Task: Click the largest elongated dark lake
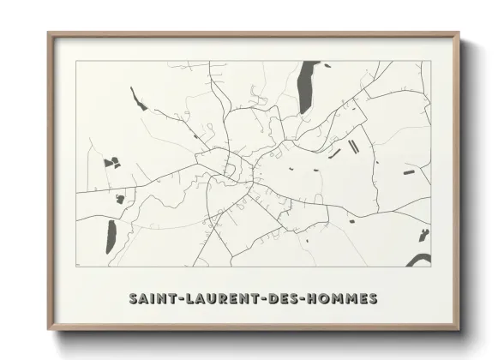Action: [304, 88]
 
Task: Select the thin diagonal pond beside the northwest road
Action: [136, 100]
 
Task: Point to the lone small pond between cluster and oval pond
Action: [121, 196]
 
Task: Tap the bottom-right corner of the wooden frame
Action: [459, 329]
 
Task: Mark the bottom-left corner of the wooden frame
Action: [49, 329]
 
